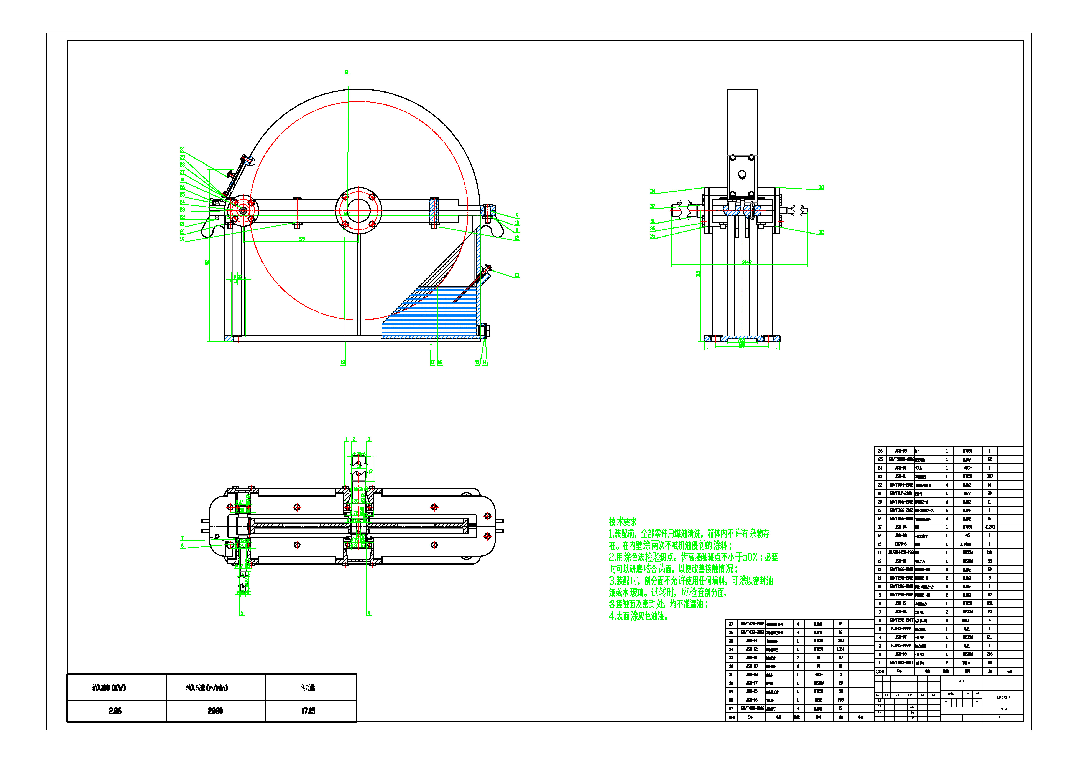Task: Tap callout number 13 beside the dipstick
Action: (517, 276)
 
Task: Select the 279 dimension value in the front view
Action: (302, 239)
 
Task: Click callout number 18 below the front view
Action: (343, 363)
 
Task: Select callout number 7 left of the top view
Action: (182, 538)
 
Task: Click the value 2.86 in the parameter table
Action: (115, 711)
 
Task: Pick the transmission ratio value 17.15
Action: (308, 711)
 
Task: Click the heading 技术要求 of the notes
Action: (623, 522)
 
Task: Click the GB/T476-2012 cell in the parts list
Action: (752, 624)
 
